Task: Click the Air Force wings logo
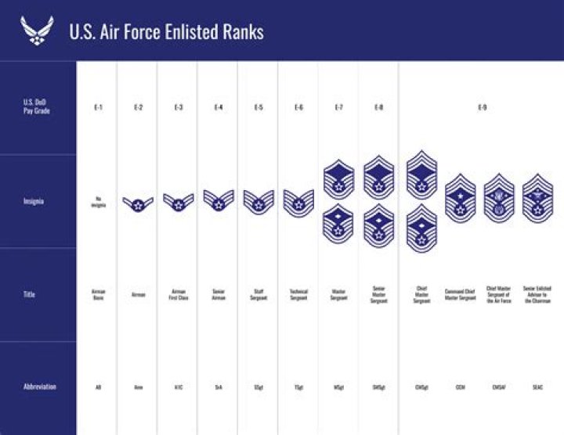tap(36, 31)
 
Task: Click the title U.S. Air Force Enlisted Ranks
tap(166, 31)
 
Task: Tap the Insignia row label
tap(34, 201)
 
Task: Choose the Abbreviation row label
tap(39, 386)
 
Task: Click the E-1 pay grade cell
tap(98, 107)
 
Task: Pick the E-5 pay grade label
tap(258, 107)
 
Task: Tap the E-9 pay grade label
tap(482, 107)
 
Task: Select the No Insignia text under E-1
tap(98, 202)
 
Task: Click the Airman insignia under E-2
tap(138, 204)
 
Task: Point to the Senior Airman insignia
tap(219, 201)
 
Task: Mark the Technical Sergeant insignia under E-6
tap(298, 203)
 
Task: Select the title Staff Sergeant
tap(258, 294)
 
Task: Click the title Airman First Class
tap(179, 294)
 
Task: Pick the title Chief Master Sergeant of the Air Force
tap(499, 294)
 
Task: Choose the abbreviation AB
tap(98, 386)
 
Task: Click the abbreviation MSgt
tap(338, 386)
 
